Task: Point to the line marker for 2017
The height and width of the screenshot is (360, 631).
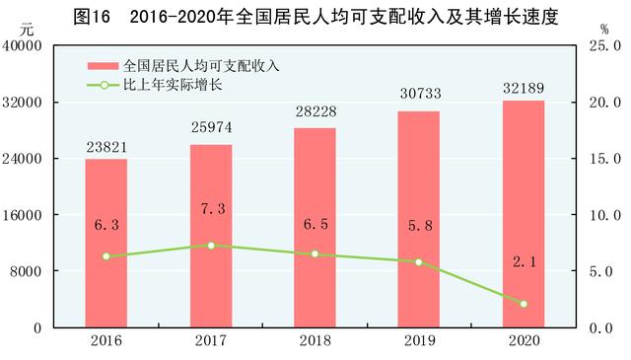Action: tap(210, 245)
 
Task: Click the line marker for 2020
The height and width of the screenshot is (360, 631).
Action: tap(524, 304)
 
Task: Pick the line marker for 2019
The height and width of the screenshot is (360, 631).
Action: tap(419, 261)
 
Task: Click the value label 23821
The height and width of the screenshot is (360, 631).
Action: tap(105, 148)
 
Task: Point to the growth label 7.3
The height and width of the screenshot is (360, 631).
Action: tap(210, 211)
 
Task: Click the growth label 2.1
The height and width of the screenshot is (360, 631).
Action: tap(524, 261)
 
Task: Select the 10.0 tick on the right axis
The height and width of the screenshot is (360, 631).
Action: tap(603, 215)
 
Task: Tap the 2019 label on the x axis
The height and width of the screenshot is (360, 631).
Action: tap(419, 340)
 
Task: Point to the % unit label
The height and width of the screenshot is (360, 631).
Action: tap(603, 30)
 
